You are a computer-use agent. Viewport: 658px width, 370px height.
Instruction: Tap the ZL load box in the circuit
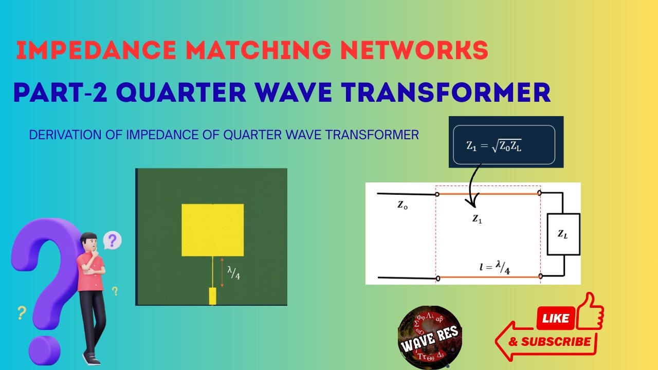tap(563, 234)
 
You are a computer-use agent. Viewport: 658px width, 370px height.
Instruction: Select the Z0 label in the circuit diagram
tap(403, 205)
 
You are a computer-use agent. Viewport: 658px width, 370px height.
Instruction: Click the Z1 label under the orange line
tap(478, 218)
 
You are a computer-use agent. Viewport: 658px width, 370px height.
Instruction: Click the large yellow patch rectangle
tap(212, 230)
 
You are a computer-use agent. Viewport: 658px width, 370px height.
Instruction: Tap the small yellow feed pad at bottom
tap(212, 296)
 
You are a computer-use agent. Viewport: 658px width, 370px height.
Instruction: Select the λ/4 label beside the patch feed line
tap(234, 273)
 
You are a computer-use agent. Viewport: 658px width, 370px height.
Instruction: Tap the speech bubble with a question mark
tap(112, 240)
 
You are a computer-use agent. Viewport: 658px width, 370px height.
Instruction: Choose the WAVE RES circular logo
tap(430, 337)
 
